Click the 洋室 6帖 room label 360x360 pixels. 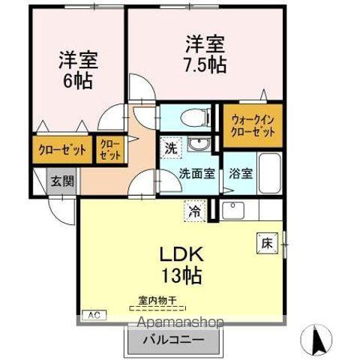coord(78,69)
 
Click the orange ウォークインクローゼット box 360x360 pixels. coord(253,124)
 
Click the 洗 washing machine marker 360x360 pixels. coord(171,148)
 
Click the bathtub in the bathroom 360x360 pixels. coord(268,173)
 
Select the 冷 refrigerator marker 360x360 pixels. coord(194,212)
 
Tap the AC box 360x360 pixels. coord(95,314)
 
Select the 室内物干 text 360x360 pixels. coord(157,301)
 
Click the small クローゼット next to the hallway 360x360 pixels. coord(109,149)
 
